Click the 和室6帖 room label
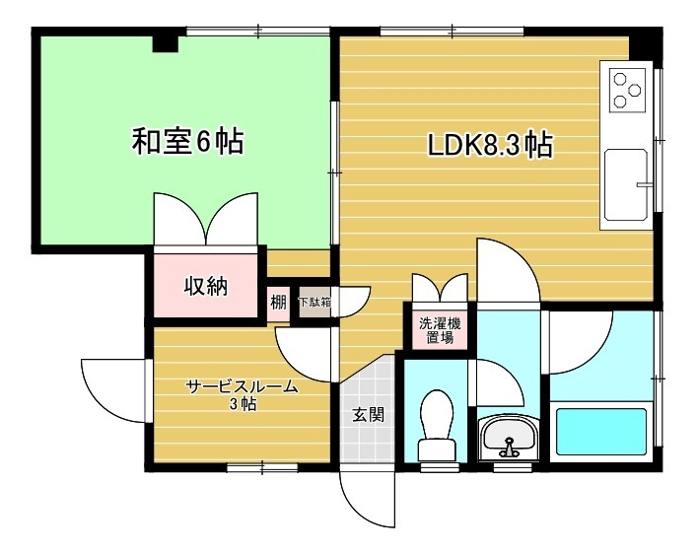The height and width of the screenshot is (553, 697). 187,143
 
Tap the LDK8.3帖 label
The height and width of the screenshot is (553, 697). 489,145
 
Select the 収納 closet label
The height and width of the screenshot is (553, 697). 207,287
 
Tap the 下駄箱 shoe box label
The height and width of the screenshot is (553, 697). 314,303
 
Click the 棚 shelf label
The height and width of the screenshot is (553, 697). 278,303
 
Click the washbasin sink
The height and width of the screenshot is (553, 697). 509,435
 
